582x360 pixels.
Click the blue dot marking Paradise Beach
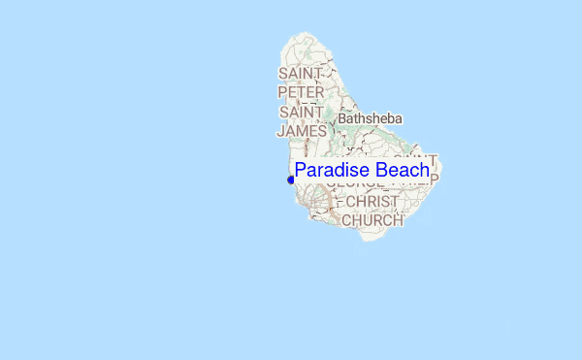click(291, 180)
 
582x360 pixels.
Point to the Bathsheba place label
click(370, 118)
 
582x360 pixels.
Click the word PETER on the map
click(301, 92)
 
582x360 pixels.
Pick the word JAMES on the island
click(302, 130)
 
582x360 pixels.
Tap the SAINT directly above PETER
click(301, 74)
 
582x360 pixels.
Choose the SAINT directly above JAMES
click(302, 112)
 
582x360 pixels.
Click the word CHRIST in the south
click(373, 202)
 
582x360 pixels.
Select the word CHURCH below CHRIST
click(373, 220)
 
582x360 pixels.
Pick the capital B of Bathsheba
click(342, 118)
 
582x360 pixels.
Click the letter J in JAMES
click(280, 130)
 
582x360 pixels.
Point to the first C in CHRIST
click(351, 202)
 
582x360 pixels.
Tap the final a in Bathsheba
click(398, 118)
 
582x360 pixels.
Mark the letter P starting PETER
click(281, 92)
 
